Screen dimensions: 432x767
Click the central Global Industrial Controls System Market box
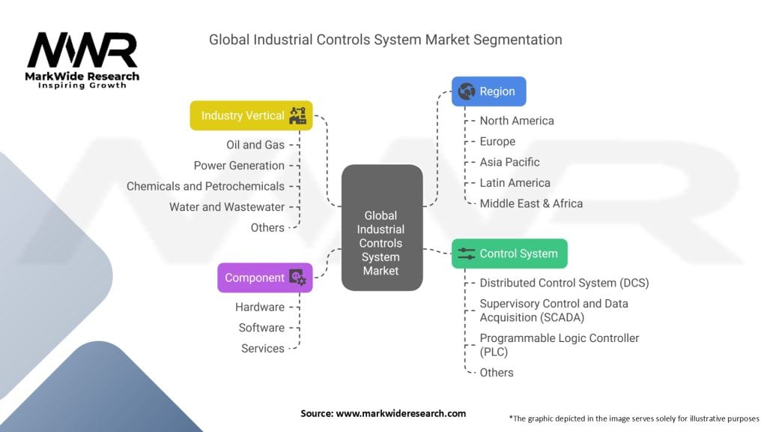pyautogui.click(x=382, y=228)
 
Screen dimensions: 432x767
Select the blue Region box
pyautogui.click(x=488, y=91)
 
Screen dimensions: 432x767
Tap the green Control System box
pyautogui.click(x=509, y=253)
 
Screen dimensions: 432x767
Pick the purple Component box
pyautogui.click(x=264, y=277)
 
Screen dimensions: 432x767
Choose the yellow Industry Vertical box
pyautogui.click(x=251, y=115)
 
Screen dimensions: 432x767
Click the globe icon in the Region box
pyautogui.click(x=467, y=91)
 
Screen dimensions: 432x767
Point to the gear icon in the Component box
pyautogui.click(x=298, y=277)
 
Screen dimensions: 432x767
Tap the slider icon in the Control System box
pyautogui.click(x=467, y=253)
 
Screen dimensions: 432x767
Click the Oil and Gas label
pyautogui.click(x=255, y=145)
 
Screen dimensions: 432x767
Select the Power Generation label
pyautogui.click(x=239, y=166)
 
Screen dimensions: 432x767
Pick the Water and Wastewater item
pyautogui.click(x=227, y=207)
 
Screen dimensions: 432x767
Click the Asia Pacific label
pyautogui.click(x=509, y=162)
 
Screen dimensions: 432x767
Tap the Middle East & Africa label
pyautogui.click(x=531, y=203)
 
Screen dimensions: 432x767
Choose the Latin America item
pyautogui.click(x=515, y=183)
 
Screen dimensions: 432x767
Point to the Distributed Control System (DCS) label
pyautogui.click(x=564, y=283)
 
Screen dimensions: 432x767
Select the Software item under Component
pyautogui.click(x=261, y=328)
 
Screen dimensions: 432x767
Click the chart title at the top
pyautogui.click(x=385, y=38)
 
